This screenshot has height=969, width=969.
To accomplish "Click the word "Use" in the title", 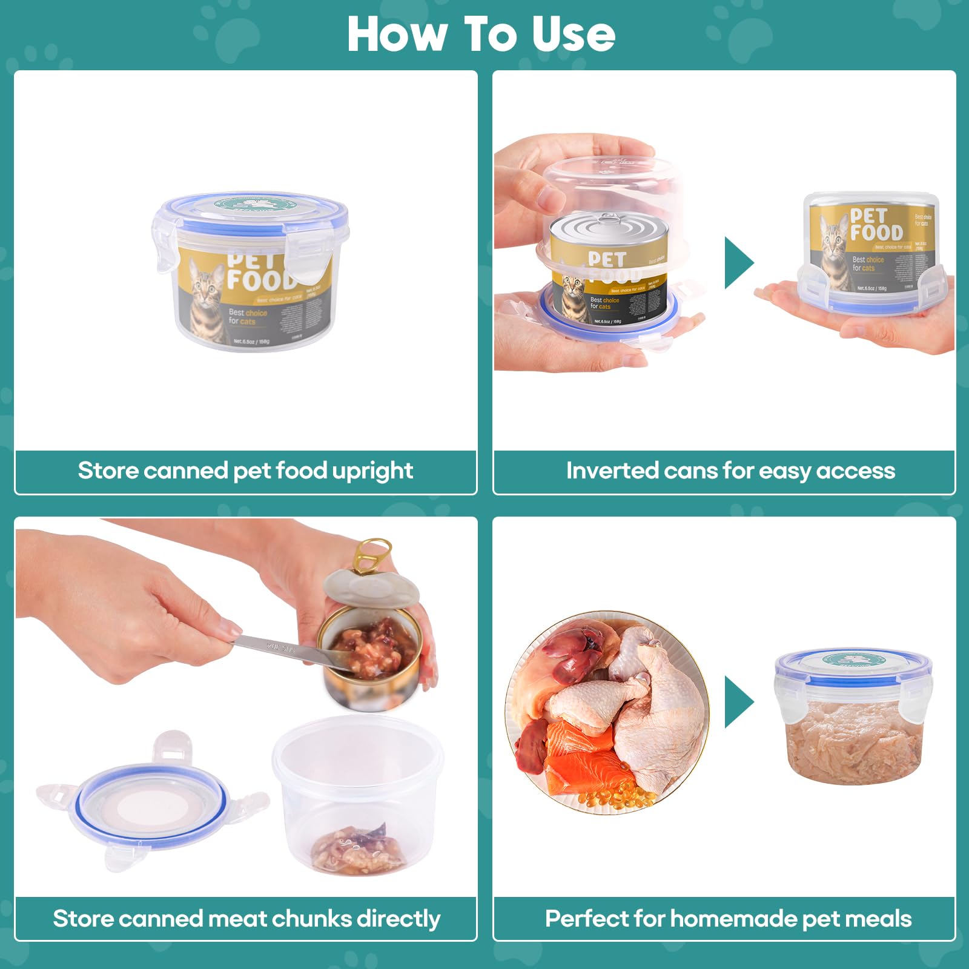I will [x=573, y=35].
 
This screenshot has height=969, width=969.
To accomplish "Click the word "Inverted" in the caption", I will [x=612, y=471].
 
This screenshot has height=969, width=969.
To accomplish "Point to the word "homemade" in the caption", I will [x=733, y=919].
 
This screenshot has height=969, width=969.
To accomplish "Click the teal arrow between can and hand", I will [x=738, y=263].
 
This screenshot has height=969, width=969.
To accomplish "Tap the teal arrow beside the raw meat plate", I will [x=738, y=702].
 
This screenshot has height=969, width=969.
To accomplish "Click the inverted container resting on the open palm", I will [x=872, y=251].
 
